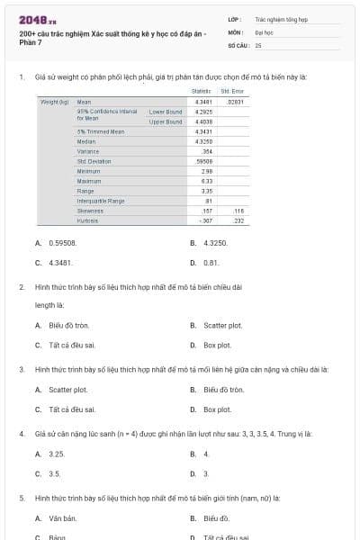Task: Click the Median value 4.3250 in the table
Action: (203, 141)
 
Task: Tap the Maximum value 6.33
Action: (206, 181)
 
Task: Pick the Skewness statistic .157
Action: (206, 210)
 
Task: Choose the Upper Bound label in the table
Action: (166, 121)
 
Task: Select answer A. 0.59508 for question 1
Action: (56, 243)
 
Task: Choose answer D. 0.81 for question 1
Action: (211, 263)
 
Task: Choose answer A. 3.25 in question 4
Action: (56, 454)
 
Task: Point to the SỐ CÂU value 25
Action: (258, 44)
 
